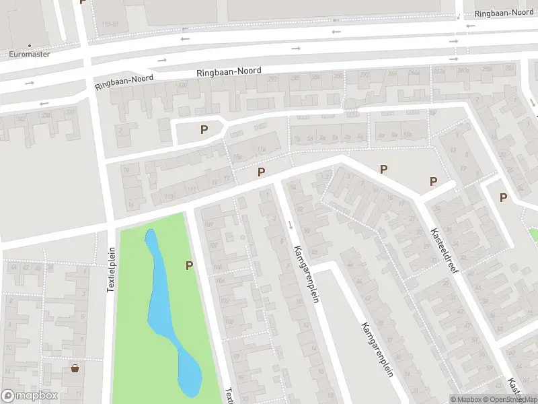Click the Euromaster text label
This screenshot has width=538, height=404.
point(30,55)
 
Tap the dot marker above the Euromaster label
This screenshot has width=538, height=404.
point(30,45)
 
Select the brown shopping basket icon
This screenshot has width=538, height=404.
point(75,368)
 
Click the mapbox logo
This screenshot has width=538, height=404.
point(30,396)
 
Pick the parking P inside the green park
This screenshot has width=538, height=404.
point(190,266)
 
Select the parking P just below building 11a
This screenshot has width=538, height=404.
point(261,172)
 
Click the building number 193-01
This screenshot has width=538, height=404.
point(109,24)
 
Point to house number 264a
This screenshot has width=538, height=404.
point(414,72)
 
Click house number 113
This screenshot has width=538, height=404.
point(169,196)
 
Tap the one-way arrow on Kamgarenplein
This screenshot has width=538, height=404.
point(291,225)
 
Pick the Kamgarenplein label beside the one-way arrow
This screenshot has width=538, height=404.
point(305,274)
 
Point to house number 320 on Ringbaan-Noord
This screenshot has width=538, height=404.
point(182,85)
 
